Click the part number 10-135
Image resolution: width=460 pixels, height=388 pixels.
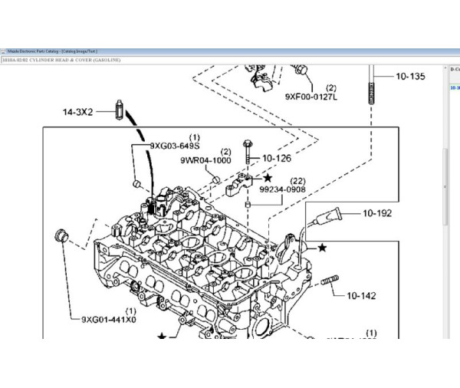pyautogui.click(x=410, y=77)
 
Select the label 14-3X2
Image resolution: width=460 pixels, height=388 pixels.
pyautogui.click(x=77, y=112)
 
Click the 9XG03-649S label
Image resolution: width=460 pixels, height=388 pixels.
pyautogui.click(x=174, y=145)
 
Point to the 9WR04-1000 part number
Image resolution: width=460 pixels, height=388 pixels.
pyautogui.click(x=205, y=161)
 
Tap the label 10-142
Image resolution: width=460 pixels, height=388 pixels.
pyautogui.click(x=362, y=294)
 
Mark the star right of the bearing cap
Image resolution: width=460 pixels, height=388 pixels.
pyautogui.click(x=268, y=178)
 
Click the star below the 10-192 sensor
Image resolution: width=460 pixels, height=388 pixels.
pyautogui.click(x=323, y=248)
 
